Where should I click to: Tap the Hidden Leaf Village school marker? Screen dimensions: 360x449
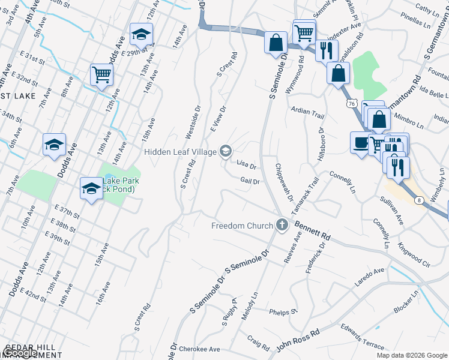[x=226, y=151]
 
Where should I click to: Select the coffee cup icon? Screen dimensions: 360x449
[x=361, y=143]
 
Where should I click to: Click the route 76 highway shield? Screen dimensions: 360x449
[x=351, y=104]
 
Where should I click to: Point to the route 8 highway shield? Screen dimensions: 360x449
[x=418, y=200]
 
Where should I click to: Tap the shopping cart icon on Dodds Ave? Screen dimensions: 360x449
[x=101, y=75]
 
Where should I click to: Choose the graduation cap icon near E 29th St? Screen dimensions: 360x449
[x=141, y=34]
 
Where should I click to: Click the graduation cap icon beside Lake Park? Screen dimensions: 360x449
[x=91, y=188]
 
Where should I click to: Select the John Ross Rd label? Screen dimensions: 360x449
[x=298, y=340]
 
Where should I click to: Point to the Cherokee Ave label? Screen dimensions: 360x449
[x=201, y=349]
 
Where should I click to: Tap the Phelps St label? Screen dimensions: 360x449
[x=283, y=312]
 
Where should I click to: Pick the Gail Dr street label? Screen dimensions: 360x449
[x=250, y=181]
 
